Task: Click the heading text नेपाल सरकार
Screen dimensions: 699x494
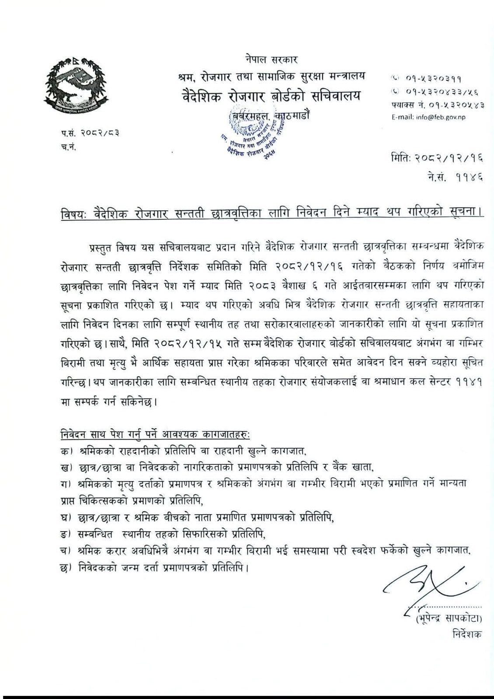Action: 271,59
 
